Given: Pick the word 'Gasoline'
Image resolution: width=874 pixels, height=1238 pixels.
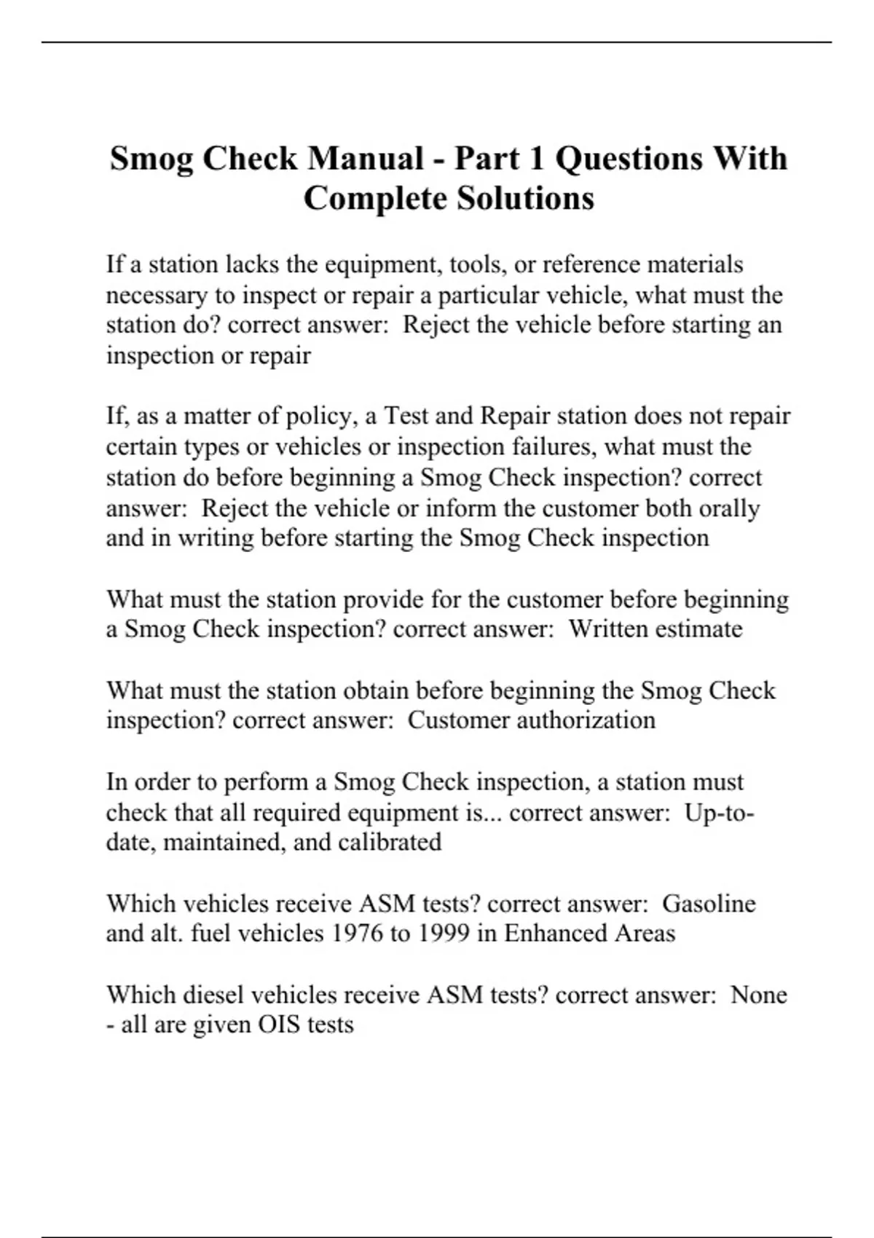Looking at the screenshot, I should pyautogui.click(x=709, y=904).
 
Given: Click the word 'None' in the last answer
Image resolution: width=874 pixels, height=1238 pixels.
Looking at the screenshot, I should pyautogui.click(x=758, y=995).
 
